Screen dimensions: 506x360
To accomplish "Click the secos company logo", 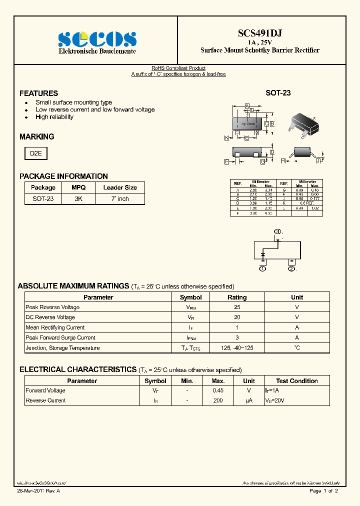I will [x=96, y=38].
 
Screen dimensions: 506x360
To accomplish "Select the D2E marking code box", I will [x=36, y=153].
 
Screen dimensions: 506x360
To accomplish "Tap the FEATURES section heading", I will [x=38, y=93].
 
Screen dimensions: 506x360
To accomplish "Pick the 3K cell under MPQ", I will [x=78, y=198].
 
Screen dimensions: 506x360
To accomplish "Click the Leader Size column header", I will [x=120, y=187].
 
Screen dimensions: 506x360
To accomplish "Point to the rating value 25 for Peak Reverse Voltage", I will [x=237, y=307].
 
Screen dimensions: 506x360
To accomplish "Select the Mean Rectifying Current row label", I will [x=55, y=327].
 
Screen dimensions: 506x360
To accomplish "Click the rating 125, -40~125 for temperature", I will [x=237, y=348].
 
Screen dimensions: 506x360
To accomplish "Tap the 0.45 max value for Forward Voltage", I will [x=217, y=390].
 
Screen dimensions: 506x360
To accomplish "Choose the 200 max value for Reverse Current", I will [x=217, y=400].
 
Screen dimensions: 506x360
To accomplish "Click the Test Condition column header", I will [x=296, y=381].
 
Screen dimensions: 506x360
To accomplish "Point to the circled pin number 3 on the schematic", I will [x=277, y=231].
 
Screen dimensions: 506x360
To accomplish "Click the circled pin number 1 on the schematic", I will [x=262, y=269].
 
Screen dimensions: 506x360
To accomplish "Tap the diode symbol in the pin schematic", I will [x=263, y=255].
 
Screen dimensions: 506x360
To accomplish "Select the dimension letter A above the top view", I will [x=247, y=105].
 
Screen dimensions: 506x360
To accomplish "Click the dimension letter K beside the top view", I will [x=226, y=137].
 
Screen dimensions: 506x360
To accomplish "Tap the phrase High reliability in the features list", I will [x=54, y=117].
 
